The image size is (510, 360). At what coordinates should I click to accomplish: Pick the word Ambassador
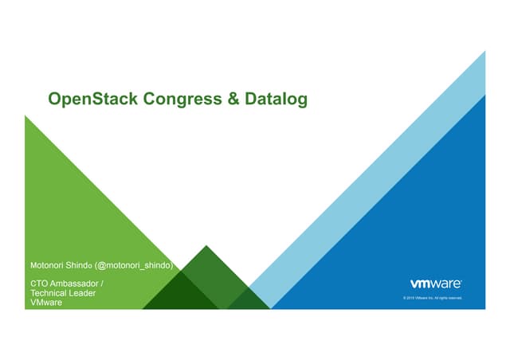(x=77, y=284)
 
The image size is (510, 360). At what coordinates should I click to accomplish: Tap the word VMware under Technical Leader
(x=45, y=303)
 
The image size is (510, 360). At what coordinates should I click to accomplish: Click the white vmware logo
(x=434, y=284)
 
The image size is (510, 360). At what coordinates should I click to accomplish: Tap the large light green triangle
(x=80, y=207)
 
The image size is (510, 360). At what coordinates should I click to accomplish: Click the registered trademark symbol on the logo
(x=461, y=280)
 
